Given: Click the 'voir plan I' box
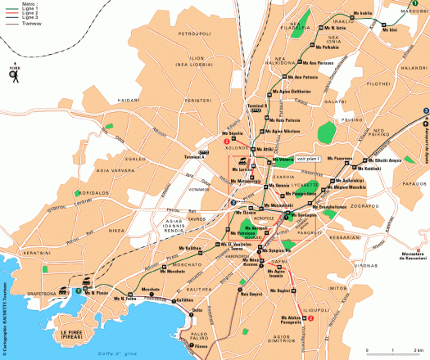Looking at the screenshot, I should [x=308, y=159].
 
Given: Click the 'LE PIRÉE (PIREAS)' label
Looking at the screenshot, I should [x=75, y=335].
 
